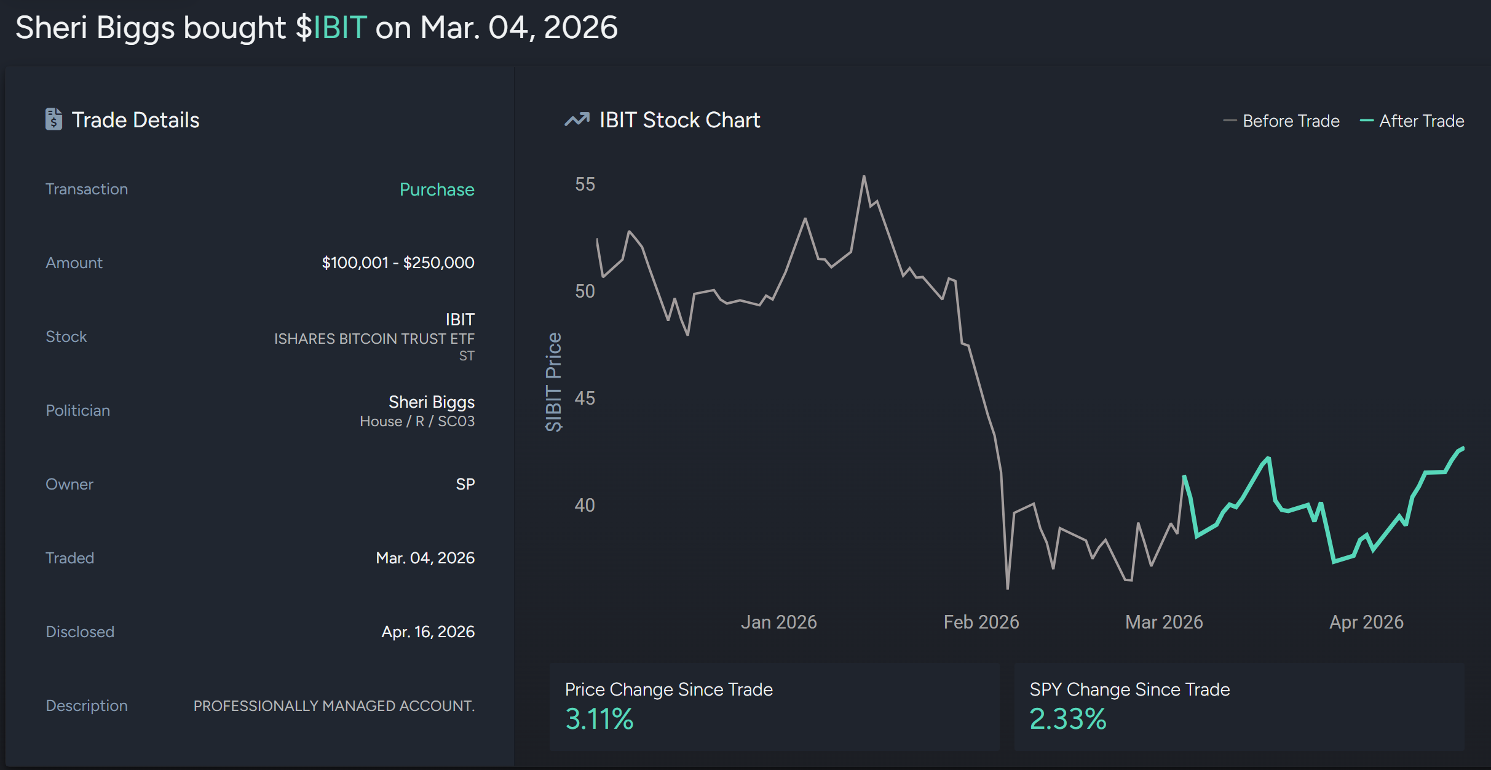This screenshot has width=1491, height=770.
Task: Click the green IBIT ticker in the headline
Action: pyautogui.click(x=340, y=28)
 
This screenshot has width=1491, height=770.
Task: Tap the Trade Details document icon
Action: pyautogui.click(x=53, y=119)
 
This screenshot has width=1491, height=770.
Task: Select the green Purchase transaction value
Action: pyautogui.click(x=437, y=189)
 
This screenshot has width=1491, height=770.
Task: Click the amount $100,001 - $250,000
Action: pyautogui.click(x=398, y=263)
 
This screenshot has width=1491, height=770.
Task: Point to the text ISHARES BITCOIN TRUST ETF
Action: pyautogui.click(x=374, y=339)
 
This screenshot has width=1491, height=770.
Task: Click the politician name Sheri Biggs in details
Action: pyautogui.click(x=431, y=402)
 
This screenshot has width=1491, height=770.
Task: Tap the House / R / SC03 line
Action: pyautogui.click(x=417, y=421)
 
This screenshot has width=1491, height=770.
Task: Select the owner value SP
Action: pyautogui.click(x=465, y=484)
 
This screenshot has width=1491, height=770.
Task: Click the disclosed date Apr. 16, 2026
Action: pyautogui.click(x=428, y=632)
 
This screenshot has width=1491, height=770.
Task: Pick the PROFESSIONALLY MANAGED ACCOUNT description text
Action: pyautogui.click(x=334, y=705)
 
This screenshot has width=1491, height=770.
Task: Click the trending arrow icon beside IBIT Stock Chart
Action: pyautogui.click(x=577, y=119)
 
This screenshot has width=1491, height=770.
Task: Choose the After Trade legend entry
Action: pyautogui.click(x=1412, y=121)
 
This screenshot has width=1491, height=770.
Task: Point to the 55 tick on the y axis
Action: pyautogui.click(x=585, y=185)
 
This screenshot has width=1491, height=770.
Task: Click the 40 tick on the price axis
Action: pyautogui.click(x=585, y=506)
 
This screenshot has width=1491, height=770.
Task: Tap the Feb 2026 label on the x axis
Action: pyautogui.click(x=981, y=622)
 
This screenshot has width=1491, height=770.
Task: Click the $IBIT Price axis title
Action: pyautogui.click(x=554, y=382)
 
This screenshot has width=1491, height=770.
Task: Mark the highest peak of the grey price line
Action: pyautogui.click(x=864, y=177)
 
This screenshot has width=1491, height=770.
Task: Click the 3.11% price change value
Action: pyautogui.click(x=599, y=719)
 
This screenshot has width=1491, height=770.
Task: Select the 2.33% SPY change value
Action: pyautogui.click(x=1068, y=719)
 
